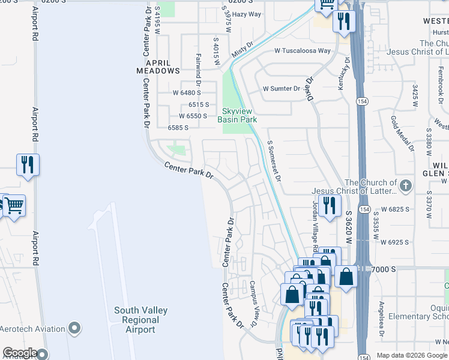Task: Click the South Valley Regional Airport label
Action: [x=140, y=320]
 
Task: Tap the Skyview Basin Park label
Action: [x=240, y=115]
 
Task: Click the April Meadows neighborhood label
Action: [x=158, y=66]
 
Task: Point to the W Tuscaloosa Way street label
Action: [x=303, y=51]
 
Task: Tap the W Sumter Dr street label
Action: [x=281, y=89]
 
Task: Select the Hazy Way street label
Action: [x=246, y=14]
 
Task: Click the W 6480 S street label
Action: [x=187, y=93]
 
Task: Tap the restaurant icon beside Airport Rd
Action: [x=28, y=164]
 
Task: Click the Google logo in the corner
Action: [x=20, y=353]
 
